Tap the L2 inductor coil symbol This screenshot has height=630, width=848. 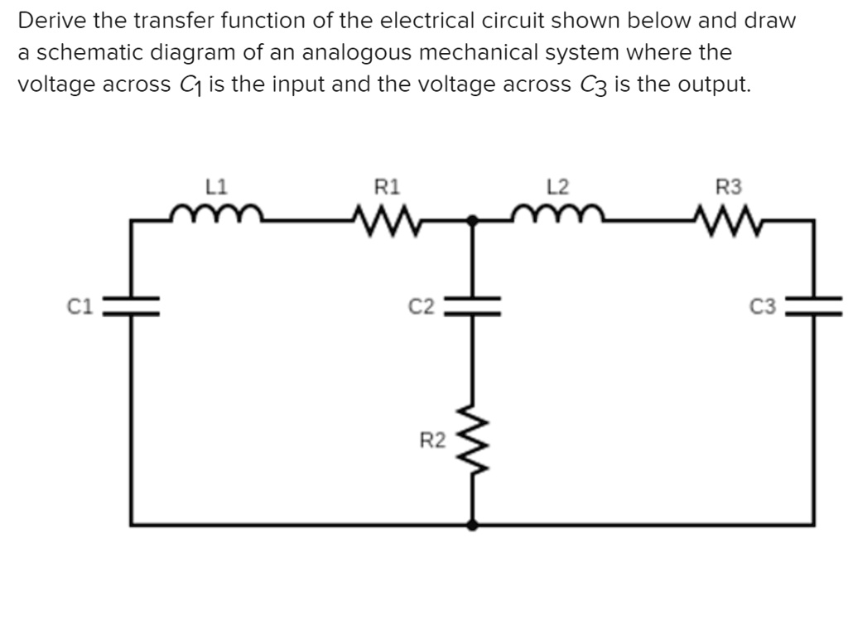[559, 216]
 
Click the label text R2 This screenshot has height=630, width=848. [430, 440]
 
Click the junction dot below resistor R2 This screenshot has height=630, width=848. [472, 524]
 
